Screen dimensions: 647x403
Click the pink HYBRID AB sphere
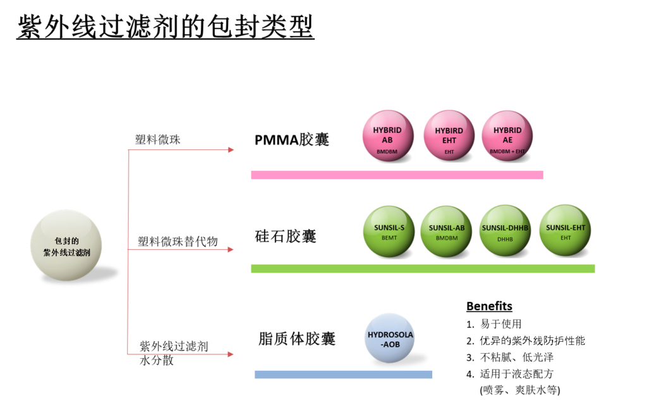tap(388, 135)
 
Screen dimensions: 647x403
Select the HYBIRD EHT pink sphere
tap(449, 135)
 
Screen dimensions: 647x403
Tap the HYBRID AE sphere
tap(507, 135)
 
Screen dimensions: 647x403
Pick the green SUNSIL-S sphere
tap(389, 232)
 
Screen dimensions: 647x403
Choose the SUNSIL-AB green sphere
tap(446, 232)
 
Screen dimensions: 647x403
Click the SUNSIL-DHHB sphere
tap(505, 231)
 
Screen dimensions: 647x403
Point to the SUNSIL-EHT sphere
tap(565, 230)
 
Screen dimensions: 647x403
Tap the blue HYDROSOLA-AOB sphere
tap(390, 338)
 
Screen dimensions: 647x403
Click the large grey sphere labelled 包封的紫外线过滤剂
tap(66, 245)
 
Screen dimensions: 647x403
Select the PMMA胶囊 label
tap(292, 140)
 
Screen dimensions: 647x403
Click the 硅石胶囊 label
tap(286, 237)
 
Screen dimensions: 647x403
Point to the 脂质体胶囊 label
tap(297, 338)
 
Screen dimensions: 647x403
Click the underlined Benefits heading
tap(490, 306)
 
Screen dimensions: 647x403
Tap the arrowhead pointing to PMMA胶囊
tap(231, 150)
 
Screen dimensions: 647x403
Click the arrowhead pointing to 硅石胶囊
tap(231, 249)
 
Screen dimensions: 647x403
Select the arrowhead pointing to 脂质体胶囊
tap(231, 354)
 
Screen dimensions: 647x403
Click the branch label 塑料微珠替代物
tap(178, 242)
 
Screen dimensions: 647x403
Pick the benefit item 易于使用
tap(501, 324)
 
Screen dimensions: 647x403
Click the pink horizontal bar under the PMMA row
tap(397, 175)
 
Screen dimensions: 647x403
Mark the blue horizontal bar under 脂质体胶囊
tap(343, 375)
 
